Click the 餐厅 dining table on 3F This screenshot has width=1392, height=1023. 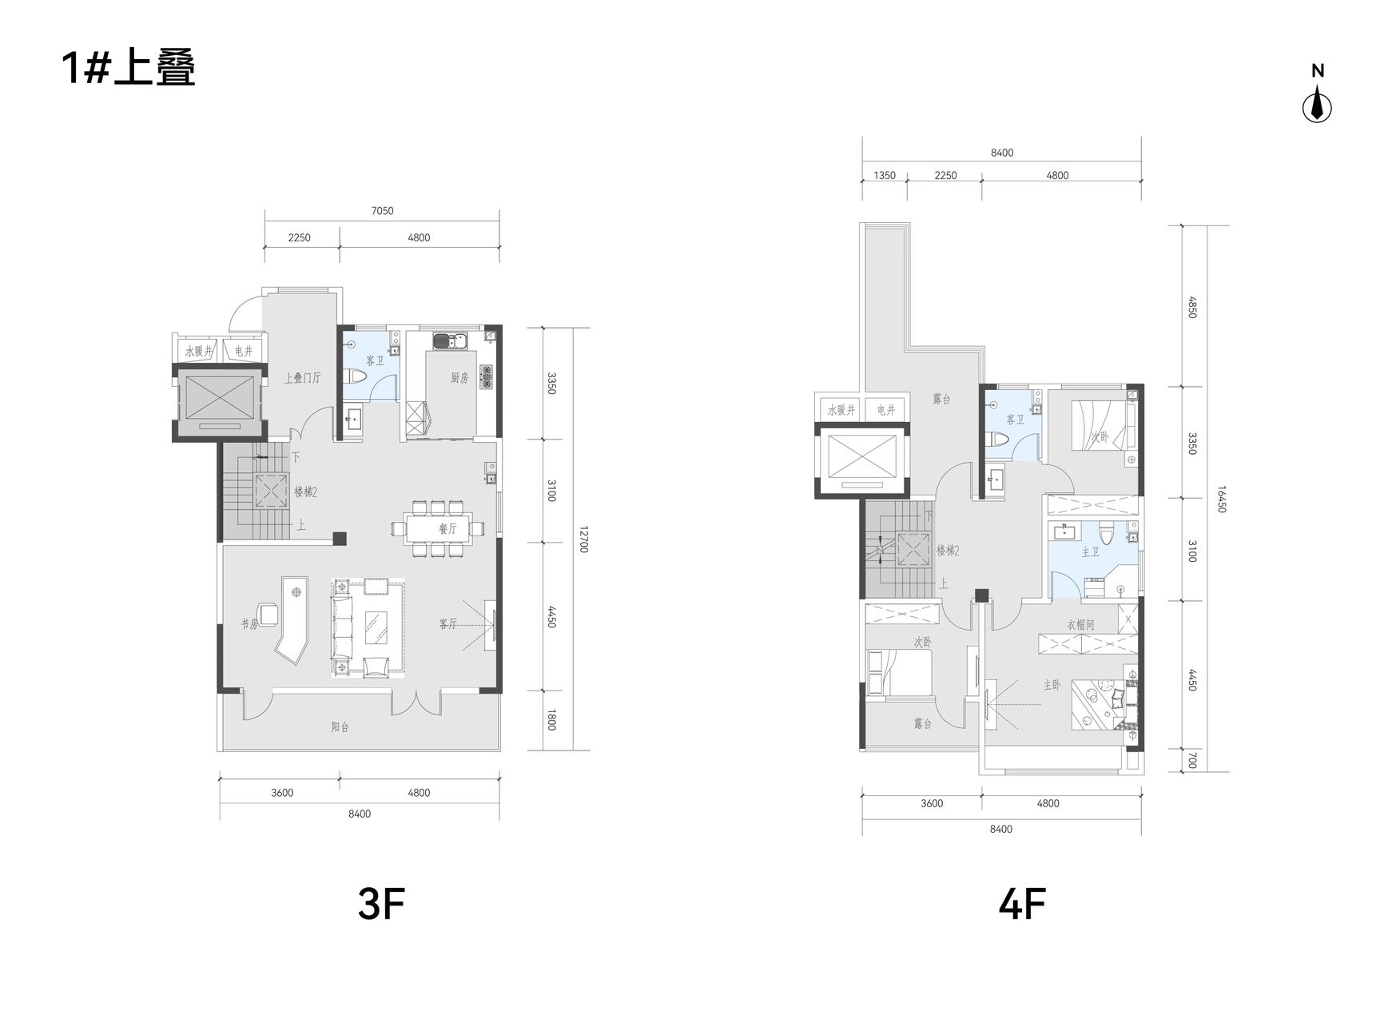438,528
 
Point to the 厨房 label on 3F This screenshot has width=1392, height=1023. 459,378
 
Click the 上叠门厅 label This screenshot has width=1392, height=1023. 302,378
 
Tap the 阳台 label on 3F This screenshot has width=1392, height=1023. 340,727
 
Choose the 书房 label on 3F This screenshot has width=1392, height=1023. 250,624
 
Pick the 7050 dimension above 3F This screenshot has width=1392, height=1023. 382,211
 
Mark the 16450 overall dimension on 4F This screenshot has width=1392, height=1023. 1221,499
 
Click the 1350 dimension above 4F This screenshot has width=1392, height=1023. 885,176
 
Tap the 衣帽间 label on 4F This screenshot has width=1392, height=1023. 1080,625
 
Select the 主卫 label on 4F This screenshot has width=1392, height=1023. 1090,552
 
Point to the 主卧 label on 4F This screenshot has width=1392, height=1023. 1052,685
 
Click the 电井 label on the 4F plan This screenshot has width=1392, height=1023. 886,410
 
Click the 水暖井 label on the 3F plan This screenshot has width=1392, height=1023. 199,351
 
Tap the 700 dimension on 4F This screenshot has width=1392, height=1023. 1191,761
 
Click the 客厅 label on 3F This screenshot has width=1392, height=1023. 447,624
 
